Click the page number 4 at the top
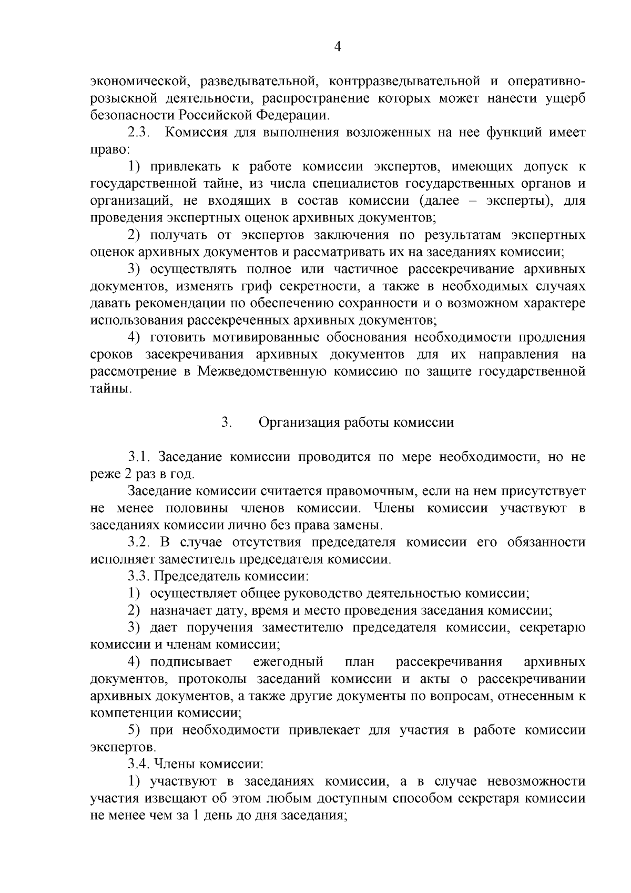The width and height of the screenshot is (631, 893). coord(338,47)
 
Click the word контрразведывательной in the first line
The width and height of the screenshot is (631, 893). coord(404,81)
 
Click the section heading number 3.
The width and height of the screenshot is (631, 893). coord(227,423)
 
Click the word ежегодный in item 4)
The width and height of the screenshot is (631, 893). coord(288,661)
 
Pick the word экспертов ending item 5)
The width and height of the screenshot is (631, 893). coord(122,747)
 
